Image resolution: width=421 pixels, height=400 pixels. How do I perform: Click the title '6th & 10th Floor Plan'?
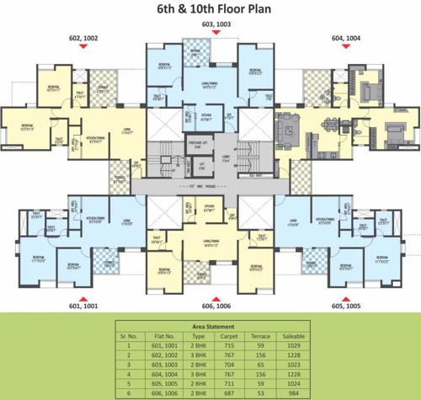pyautogui.click(x=210, y=10)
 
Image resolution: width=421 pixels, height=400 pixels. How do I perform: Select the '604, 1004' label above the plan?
pyautogui.click(x=345, y=39)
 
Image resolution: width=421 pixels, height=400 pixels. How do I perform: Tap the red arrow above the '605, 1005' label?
pyautogui.click(x=345, y=297)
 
